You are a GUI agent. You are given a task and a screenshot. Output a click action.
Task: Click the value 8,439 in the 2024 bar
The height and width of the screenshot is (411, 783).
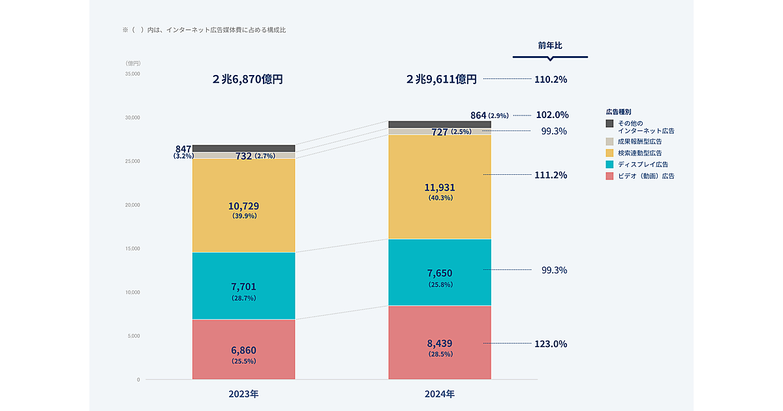pyautogui.click(x=440, y=344)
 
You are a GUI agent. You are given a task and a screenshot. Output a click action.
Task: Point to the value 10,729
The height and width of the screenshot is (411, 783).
pyautogui.click(x=244, y=206)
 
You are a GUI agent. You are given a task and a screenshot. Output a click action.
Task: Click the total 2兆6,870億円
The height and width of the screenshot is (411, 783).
pyautogui.click(x=247, y=80)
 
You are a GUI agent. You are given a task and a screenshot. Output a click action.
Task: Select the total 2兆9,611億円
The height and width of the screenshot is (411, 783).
pyautogui.click(x=441, y=80)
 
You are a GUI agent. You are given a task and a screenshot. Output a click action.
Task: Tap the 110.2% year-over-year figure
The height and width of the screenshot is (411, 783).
pyautogui.click(x=551, y=80)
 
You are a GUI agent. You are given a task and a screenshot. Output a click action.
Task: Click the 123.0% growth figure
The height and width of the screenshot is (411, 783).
pyautogui.click(x=551, y=344)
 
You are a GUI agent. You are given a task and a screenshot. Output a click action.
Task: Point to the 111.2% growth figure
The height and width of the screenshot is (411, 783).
pyautogui.click(x=551, y=175)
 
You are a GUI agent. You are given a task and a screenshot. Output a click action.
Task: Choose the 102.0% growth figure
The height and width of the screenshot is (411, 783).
pyautogui.click(x=551, y=114)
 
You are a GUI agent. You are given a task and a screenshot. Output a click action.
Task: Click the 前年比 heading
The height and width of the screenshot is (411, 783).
pyautogui.click(x=550, y=46)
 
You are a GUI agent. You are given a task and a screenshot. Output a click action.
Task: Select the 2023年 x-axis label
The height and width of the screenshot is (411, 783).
pyautogui.click(x=244, y=395)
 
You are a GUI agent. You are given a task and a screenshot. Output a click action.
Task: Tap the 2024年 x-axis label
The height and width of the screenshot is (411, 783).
pyautogui.click(x=440, y=395)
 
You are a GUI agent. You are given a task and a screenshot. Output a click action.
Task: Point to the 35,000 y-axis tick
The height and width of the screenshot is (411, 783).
pyautogui.click(x=132, y=74)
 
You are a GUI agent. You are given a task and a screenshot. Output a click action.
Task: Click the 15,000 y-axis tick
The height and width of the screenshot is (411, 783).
pyautogui.click(x=132, y=249)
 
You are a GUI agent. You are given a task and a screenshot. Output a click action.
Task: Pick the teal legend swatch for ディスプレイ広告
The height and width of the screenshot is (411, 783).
pyautogui.click(x=609, y=164)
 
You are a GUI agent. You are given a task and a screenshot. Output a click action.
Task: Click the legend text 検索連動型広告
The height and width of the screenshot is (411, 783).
pyautogui.click(x=639, y=153)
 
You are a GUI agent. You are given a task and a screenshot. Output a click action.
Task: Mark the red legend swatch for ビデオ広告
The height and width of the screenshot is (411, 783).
pyautogui.click(x=609, y=176)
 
